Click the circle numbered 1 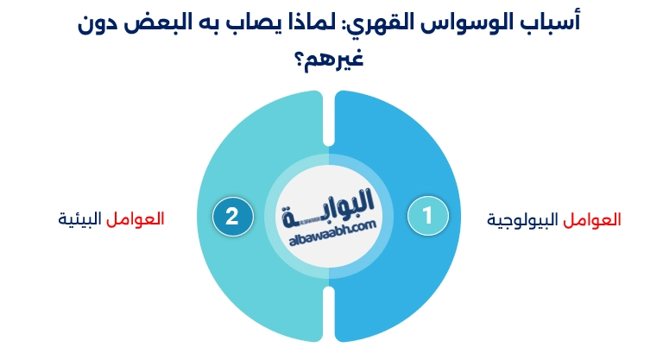pos(428,216)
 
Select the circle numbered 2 pos(232,216)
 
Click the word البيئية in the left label pos(79,218)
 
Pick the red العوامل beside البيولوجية pos(593,219)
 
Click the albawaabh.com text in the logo pos(330,227)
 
